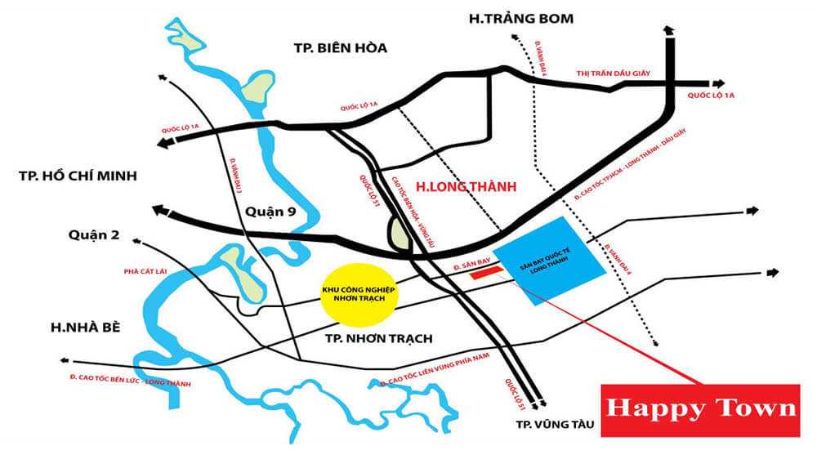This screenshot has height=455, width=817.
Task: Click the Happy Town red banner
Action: tap(699, 409)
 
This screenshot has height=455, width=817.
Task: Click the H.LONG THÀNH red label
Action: tap(470, 187)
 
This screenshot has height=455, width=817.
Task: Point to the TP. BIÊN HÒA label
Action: tap(340, 47)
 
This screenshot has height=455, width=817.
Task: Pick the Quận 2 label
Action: tap(95, 235)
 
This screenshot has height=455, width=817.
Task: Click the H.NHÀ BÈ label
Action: tap(85, 327)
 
